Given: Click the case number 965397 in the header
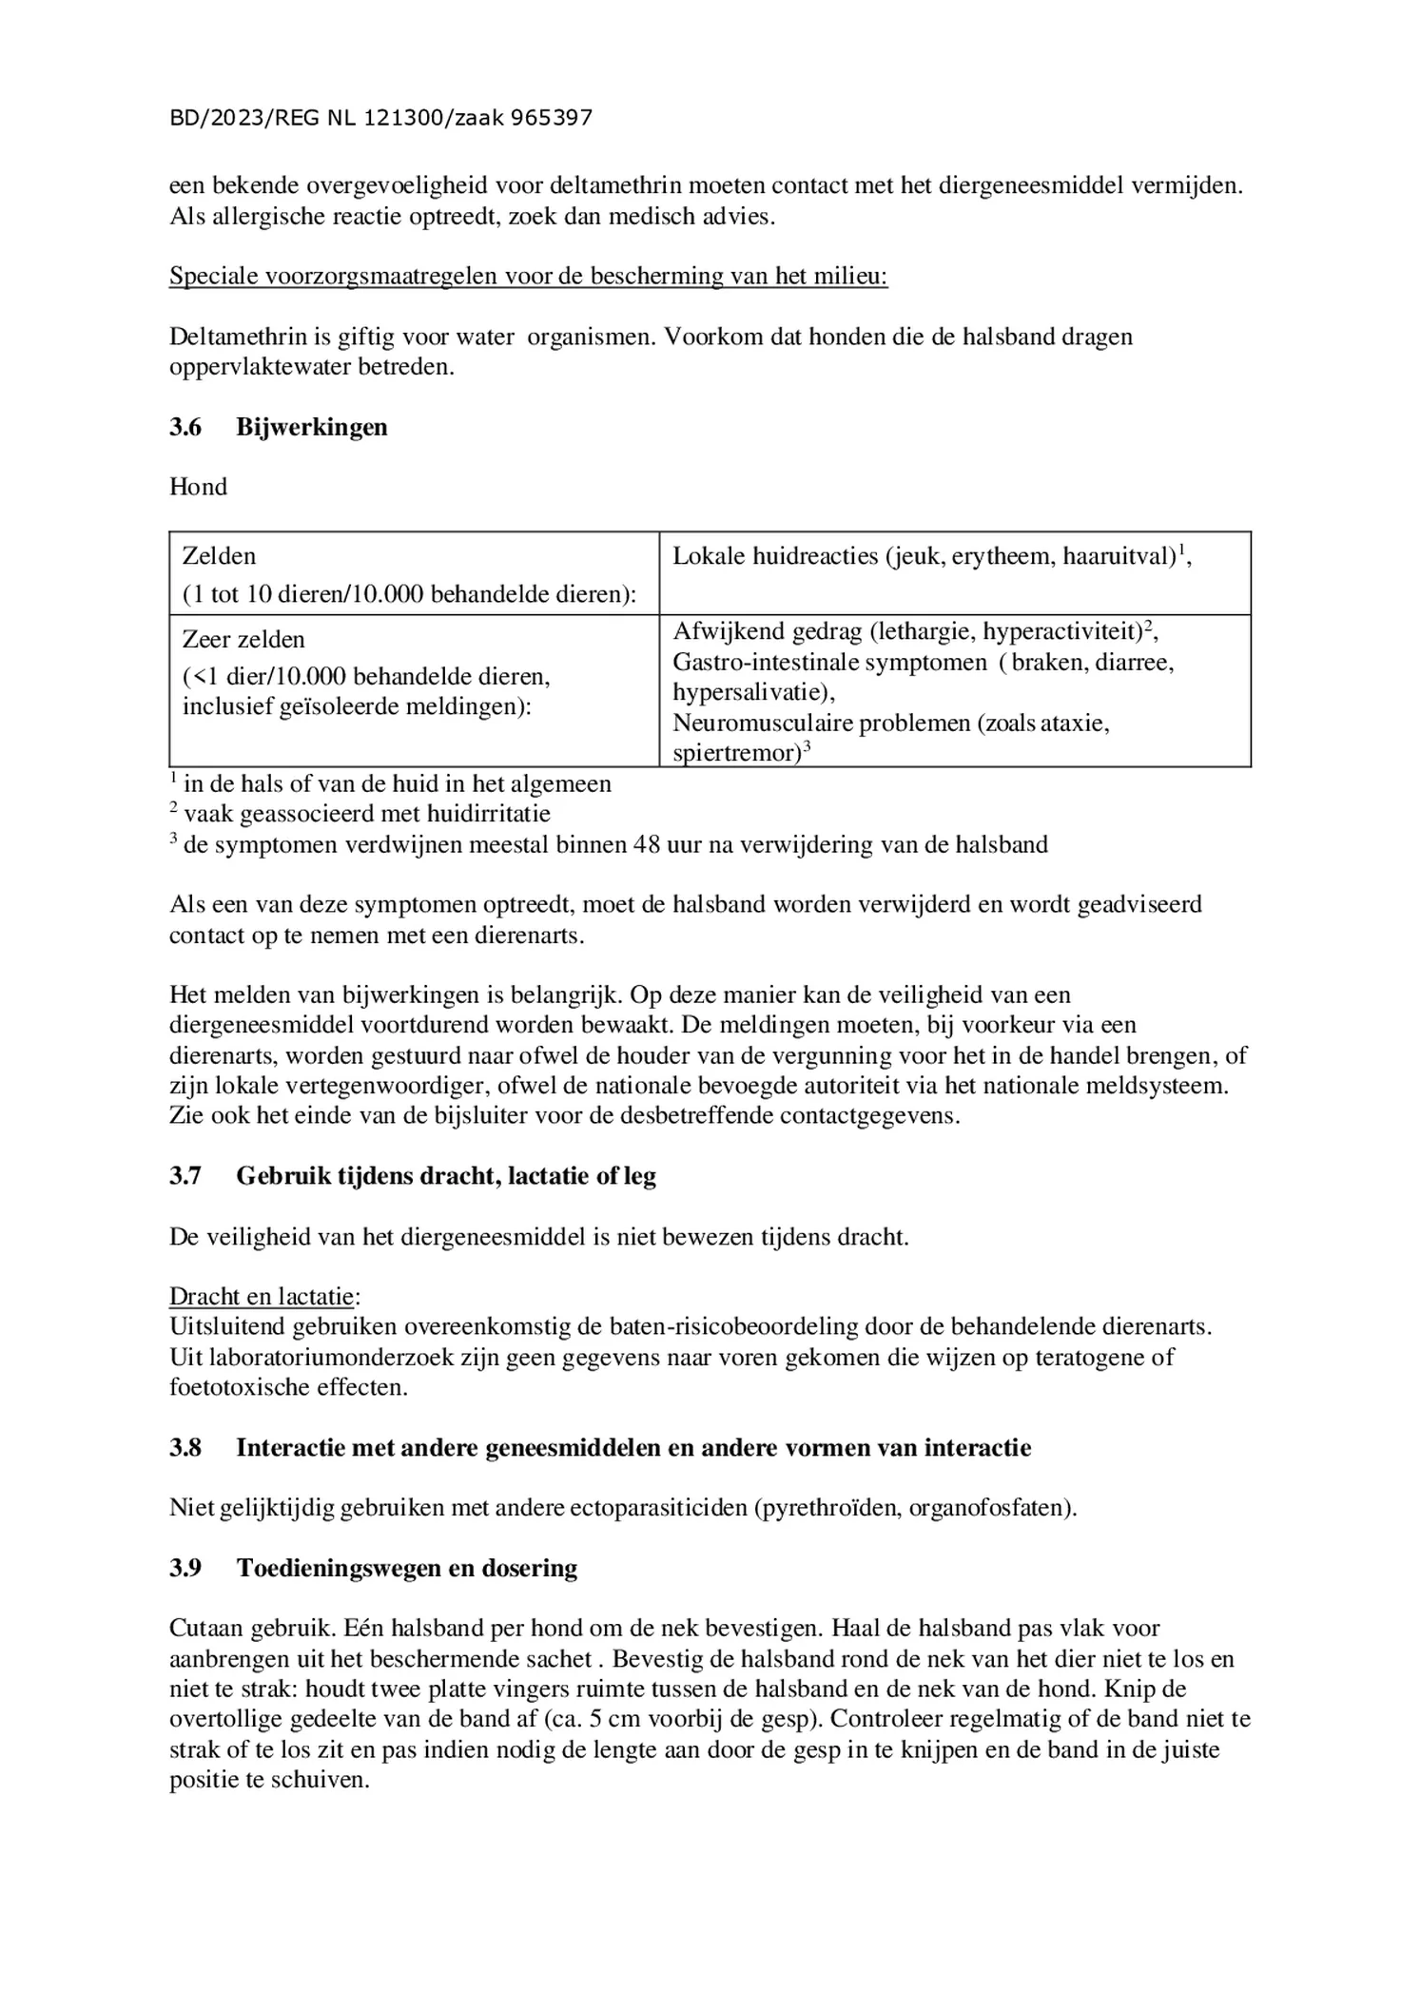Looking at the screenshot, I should click(552, 119).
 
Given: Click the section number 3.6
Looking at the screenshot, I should click(185, 427).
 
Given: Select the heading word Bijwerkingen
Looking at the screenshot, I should click(312, 427).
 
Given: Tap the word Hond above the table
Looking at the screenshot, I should click(198, 487).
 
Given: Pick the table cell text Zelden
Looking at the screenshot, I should click(220, 556).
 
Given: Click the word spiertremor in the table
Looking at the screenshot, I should click(733, 754).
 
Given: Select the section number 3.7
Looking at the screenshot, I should click(185, 1176).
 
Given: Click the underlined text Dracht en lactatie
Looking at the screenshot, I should click(263, 1297).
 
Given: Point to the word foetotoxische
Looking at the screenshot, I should click(240, 1387).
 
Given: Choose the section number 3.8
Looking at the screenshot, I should click(185, 1448).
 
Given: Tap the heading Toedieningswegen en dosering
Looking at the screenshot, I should click(407, 1568).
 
